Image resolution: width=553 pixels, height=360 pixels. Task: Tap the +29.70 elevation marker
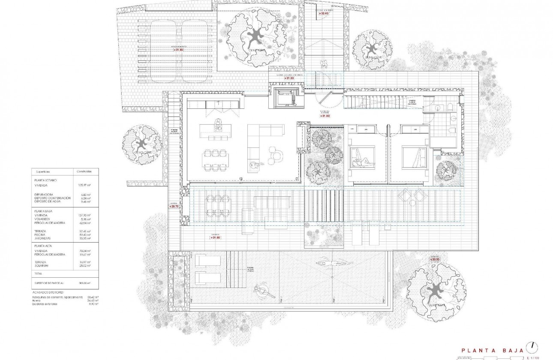pyautogui.click(x=173, y=207)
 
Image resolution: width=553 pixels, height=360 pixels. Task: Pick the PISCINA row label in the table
pyautogui.click(x=40, y=235)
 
